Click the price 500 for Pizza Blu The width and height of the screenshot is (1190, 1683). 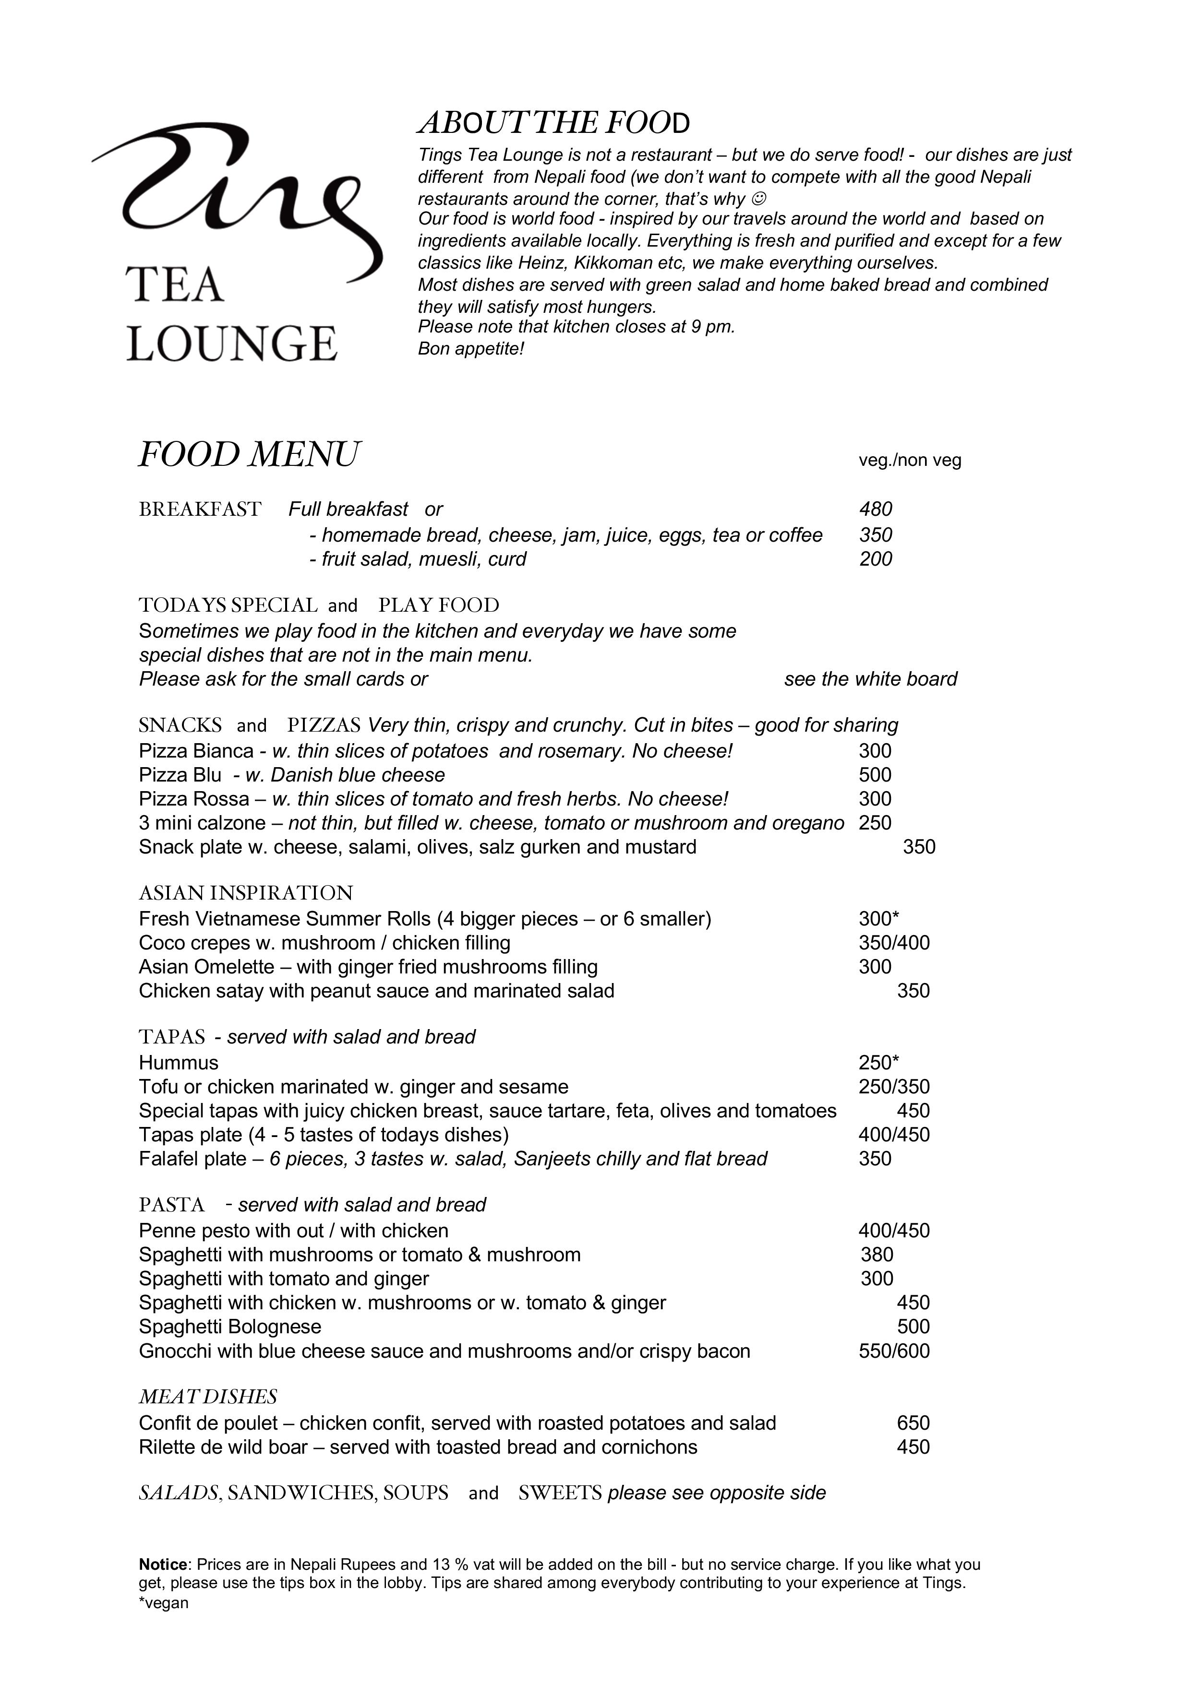click(875, 775)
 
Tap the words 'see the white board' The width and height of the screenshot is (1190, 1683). click(870, 679)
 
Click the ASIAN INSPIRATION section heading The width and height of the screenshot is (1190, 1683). click(246, 893)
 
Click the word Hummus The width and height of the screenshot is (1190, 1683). click(178, 1062)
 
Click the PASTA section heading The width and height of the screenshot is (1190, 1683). click(171, 1205)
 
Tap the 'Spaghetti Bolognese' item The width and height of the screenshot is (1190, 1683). click(229, 1326)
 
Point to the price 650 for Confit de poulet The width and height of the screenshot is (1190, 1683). click(913, 1423)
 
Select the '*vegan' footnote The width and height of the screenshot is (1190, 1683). click(164, 1602)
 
